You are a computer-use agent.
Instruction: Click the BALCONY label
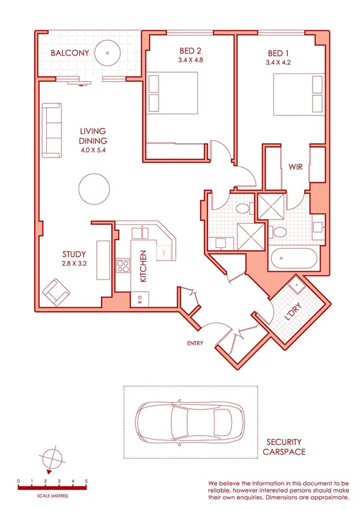[70, 54]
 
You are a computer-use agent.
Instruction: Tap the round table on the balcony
[108, 53]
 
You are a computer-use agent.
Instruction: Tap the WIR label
[295, 166]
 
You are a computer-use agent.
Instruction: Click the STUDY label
[75, 254]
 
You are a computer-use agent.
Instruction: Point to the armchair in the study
[56, 292]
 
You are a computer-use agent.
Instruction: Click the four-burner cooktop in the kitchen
[123, 266]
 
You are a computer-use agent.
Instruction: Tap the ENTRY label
[194, 343]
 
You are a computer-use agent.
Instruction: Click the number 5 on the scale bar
[87, 482]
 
